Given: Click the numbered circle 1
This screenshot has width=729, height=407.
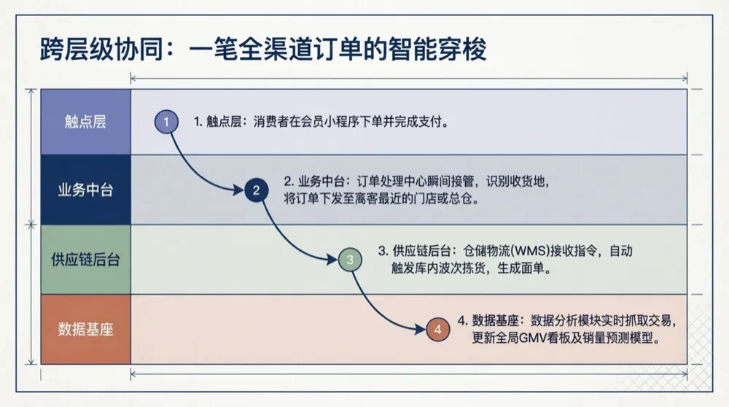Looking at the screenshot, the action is [166, 121].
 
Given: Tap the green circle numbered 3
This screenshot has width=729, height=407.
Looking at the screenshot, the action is [350, 259].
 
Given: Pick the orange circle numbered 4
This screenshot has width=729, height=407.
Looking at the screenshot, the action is [437, 330].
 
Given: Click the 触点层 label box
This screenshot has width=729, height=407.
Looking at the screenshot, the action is [85, 122].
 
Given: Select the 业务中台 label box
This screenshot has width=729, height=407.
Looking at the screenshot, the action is [85, 190].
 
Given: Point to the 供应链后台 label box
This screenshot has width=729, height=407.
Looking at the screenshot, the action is [85, 260].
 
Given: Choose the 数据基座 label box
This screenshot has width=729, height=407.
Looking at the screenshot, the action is [85, 329].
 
